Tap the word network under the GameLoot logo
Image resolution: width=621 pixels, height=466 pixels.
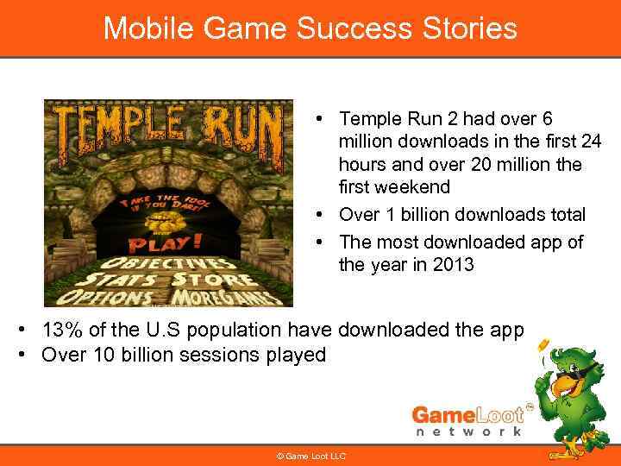[x=469, y=431]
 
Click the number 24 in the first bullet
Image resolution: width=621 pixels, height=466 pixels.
[x=591, y=141]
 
